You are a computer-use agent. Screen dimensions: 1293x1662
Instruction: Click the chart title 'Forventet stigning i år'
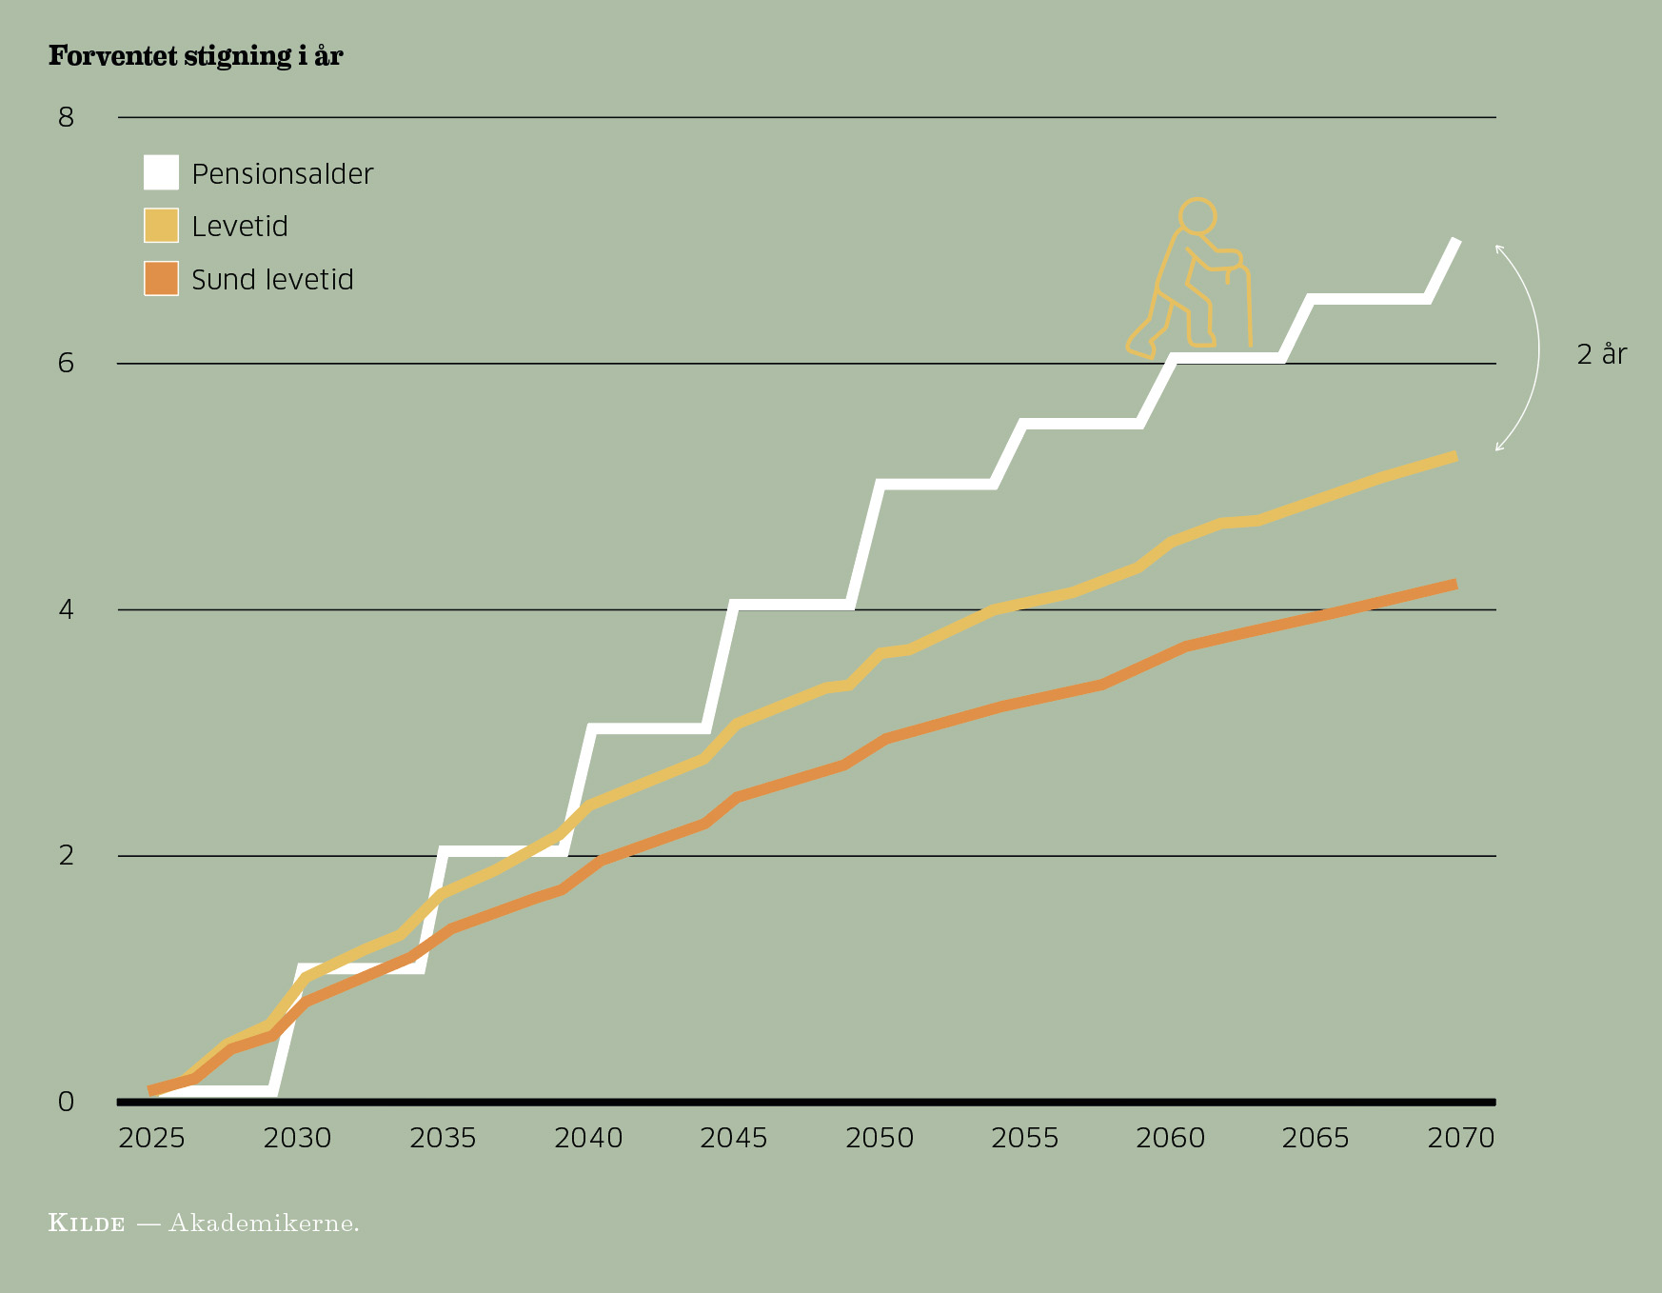[x=195, y=56]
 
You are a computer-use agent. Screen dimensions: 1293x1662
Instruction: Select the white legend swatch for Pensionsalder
[x=161, y=172]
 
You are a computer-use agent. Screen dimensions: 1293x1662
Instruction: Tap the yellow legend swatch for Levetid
[x=161, y=226]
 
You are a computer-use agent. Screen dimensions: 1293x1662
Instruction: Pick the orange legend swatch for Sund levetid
[x=161, y=279]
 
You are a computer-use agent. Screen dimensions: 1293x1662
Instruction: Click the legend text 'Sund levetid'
[x=272, y=280]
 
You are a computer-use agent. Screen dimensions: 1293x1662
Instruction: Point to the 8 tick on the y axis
[x=66, y=117]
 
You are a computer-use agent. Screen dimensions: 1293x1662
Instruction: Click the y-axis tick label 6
[x=66, y=363]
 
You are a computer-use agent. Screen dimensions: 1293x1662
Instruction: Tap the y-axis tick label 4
[x=66, y=609]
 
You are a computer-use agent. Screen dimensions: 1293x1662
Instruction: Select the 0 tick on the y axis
[x=66, y=1102]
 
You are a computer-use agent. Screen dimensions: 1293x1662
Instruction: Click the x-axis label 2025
[x=151, y=1138]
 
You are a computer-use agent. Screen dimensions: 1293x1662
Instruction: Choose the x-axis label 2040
[x=588, y=1138]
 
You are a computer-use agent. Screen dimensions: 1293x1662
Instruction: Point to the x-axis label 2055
[x=1024, y=1138]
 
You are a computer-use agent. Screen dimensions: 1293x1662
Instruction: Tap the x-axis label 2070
[x=1461, y=1138]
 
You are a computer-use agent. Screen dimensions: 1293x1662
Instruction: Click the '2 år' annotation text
[x=1602, y=354]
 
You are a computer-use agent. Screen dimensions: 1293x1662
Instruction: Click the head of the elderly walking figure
[x=1197, y=215]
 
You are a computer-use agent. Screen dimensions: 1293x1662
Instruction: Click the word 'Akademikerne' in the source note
[x=264, y=1223]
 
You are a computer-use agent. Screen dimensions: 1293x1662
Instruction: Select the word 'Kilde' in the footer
[x=87, y=1223]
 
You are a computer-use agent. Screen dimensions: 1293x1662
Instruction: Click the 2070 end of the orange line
[x=1454, y=585]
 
